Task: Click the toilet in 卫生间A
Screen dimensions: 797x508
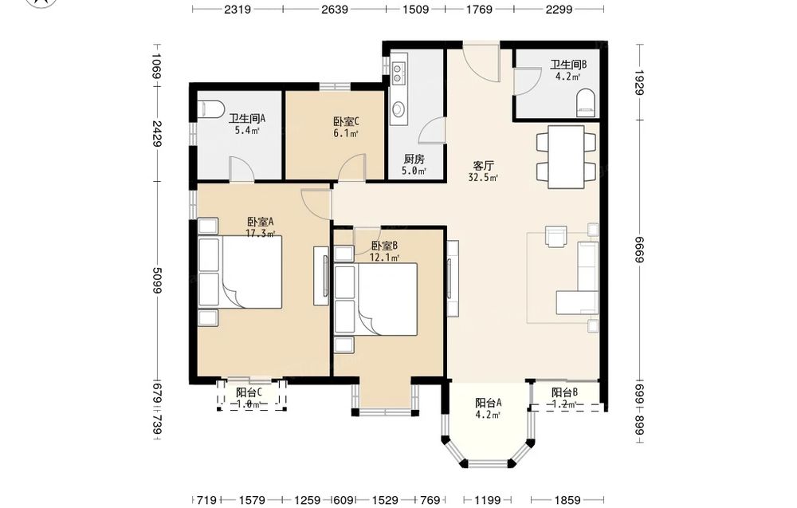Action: pyautogui.click(x=210, y=108)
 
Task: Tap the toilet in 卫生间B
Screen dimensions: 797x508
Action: pyautogui.click(x=586, y=102)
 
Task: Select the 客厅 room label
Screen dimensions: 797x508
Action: pyautogui.click(x=484, y=166)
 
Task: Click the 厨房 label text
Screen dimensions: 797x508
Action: pyautogui.click(x=414, y=159)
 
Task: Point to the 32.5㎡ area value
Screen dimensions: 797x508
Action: pyautogui.click(x=483, y=178)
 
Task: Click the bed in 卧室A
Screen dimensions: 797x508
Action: pyautogui.click(x=240, y=272)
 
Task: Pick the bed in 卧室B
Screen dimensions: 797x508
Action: pyautogui.click(x=376, y=299)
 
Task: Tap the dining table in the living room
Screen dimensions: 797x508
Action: pyautogui.click(x=566, y=156)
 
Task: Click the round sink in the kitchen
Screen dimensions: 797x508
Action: pyautogui.click(x=398, y=108)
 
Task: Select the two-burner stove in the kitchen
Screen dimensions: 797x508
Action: pyautogui.click(x=397, y=73)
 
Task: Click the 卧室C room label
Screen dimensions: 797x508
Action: pyautogui.click(x=346, y=121)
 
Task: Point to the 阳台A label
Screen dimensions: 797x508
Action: pyautogui.click(x=489, y=403)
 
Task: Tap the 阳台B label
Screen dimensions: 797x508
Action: pyautogui.click(x=565, y=392)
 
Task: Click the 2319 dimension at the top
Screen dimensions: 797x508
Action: pyautogui.click(x=238, y=9)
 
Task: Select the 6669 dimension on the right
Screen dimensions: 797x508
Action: pyautogui.click(x=640, y=250)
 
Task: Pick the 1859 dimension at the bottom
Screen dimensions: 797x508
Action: pyautogui.click(x=567, y=500)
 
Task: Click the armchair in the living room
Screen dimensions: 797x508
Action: pyautogui.click(x=556, y=236)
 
